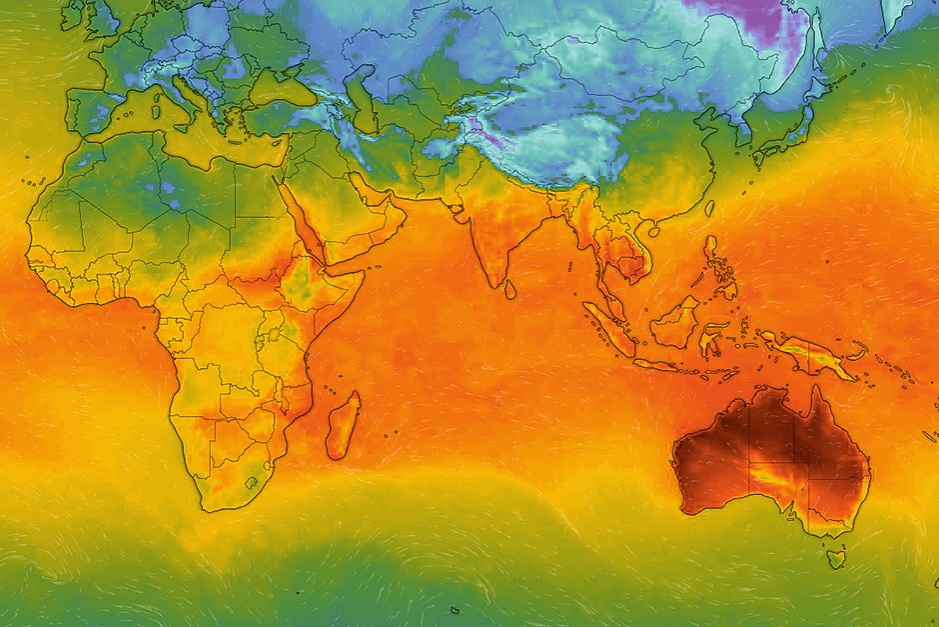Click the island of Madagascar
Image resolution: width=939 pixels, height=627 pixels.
(343, 425)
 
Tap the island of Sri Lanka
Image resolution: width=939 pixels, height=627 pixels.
(510, 289)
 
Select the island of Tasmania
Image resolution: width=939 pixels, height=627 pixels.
(835, 555)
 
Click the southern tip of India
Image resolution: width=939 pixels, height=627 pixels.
(495, 283)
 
